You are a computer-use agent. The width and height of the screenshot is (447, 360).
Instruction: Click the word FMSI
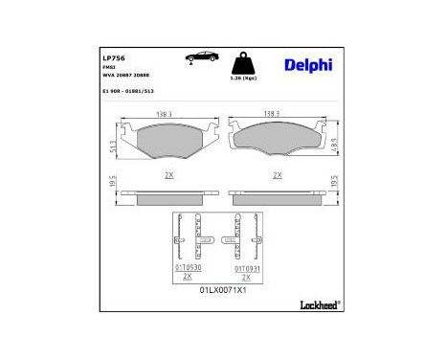click(x=110, y=67)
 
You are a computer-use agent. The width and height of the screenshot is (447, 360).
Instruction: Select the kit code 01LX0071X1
click(x=223, y=289)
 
